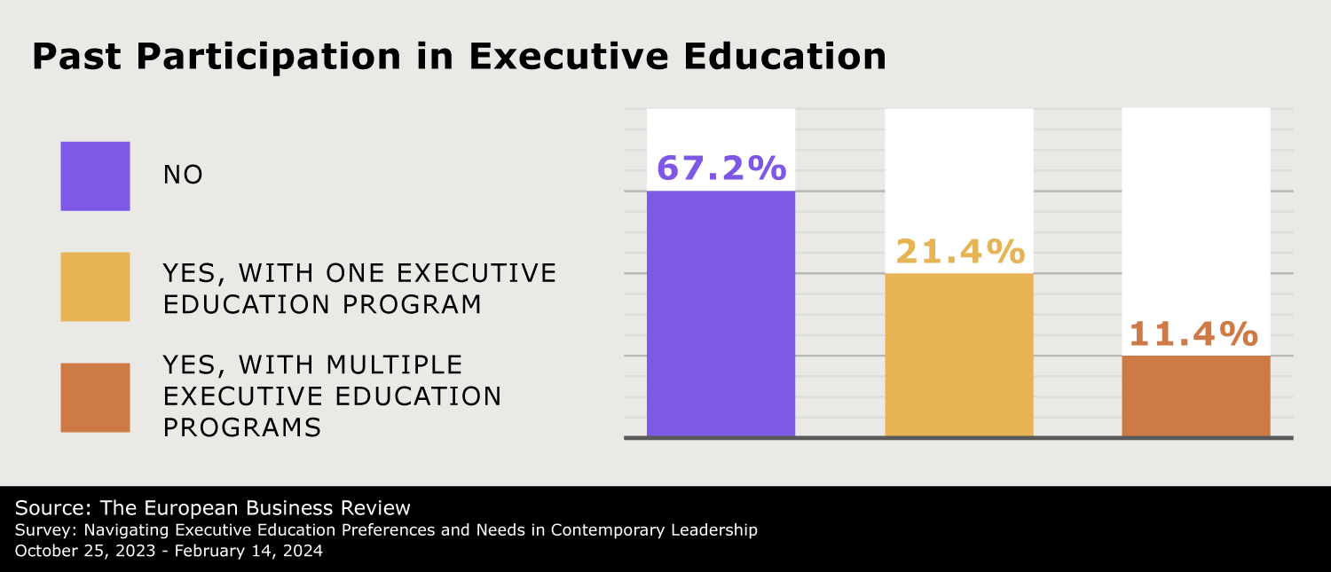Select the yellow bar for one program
click(x=959, y=354)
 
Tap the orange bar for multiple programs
click(x=1196, y=396)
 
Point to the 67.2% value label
click(x=721, y=167)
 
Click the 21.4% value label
click(x=959, y=252)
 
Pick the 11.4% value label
click(x=1193, y=334)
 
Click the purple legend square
click(x=95, y=176)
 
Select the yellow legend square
click(x=95, y=286)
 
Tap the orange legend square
click(x=95, y=397)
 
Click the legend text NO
click(x=183, y=175)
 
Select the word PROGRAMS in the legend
click(x=241, y=427)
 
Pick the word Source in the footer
click(x=50, y=508)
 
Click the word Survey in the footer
click(x=41, y=530)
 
